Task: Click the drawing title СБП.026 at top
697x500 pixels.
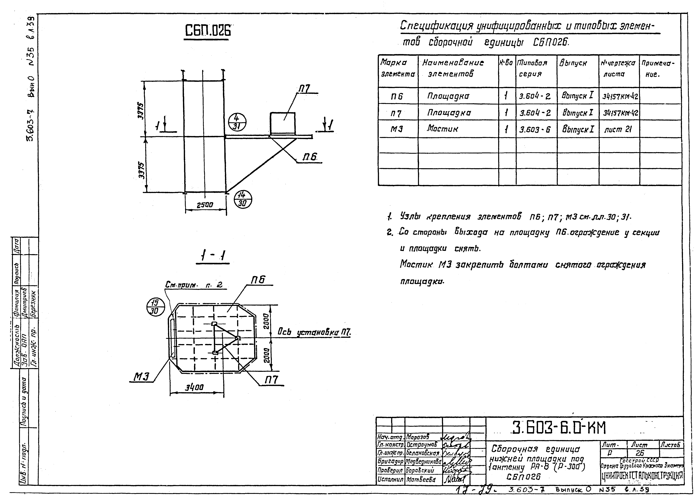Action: pyautogui.click(x=208, y=31)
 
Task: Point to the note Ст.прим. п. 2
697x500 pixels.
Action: pyautogui.click(x=194, y=285)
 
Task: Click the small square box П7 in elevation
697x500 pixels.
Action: pyautogui.click(x=282, y=123)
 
